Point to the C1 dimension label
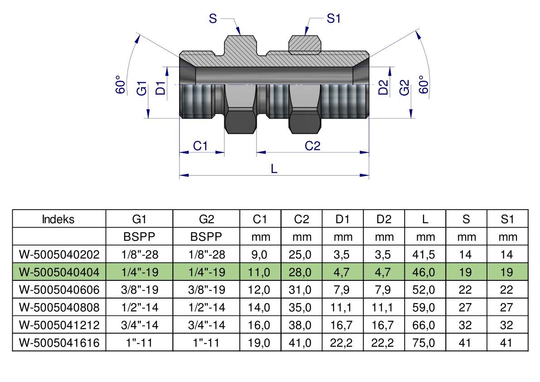(200, 146)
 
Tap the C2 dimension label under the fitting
(312, 146)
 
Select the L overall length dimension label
(274, 169)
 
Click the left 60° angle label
(120, 84)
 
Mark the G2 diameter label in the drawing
(404, 88)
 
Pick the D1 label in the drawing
(161, 88)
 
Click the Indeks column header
(58, 219)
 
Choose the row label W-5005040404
(59, 272)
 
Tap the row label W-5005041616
(59, 343)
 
